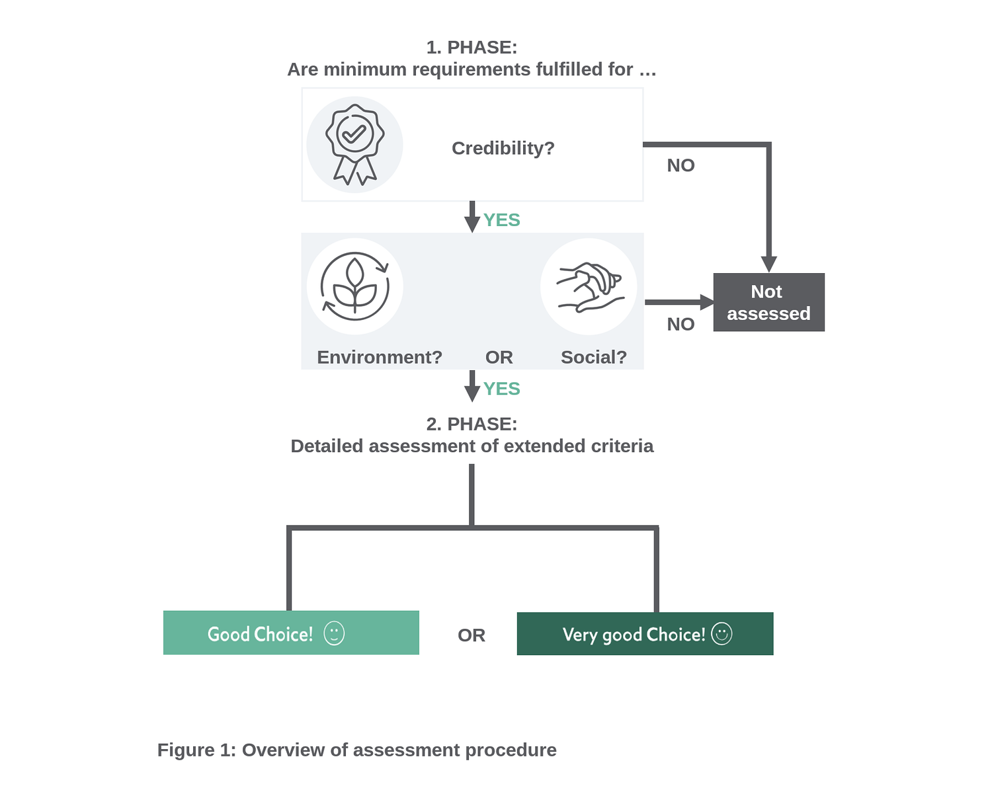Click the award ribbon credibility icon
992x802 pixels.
(354, 145)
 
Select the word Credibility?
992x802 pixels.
(503, 148)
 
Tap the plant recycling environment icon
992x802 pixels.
(354, 286)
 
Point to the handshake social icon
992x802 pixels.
(589, 286)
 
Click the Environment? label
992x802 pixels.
(379, 357)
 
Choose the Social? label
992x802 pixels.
(593, 357)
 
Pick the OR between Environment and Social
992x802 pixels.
(499, 357)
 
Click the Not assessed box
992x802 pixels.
(768, 302)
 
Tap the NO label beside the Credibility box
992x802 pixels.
(681, 165)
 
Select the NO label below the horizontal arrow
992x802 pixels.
(681, 324)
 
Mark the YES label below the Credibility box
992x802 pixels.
(501, 220)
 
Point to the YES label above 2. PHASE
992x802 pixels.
(501, 389)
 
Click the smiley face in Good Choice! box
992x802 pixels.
(334, 633)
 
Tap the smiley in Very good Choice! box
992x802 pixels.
(722, 633)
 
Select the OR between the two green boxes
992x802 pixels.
(471, 635)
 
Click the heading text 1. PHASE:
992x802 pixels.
(472, 48)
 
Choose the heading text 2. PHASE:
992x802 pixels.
(472, 424)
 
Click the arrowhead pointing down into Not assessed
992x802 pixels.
(768, 264)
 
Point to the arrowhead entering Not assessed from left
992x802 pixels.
(706, 302)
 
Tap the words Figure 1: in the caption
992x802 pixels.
(196, 750)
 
